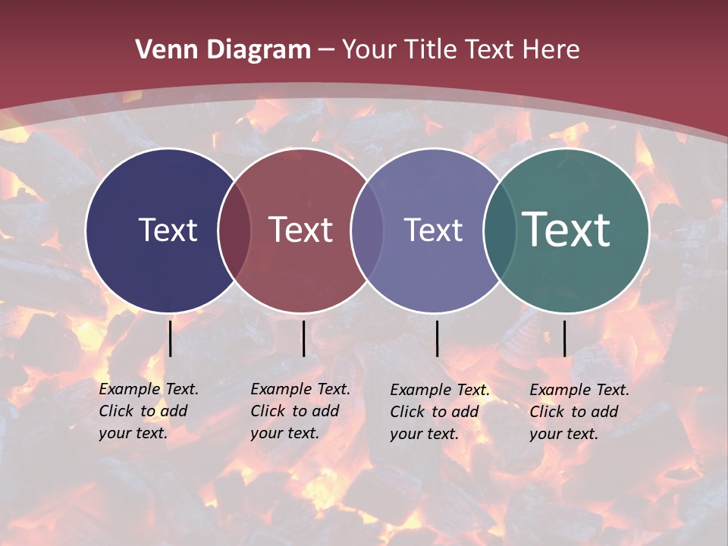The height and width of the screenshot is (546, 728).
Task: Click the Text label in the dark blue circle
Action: (168, 230)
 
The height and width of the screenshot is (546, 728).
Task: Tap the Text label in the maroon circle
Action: (301, 230)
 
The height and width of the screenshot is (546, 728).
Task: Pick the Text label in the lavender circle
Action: (433, 230)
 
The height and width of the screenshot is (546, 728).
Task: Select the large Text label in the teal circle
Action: (566, 230)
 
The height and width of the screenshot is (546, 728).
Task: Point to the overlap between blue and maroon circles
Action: (234, 230)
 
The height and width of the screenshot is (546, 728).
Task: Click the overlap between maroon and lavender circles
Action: (367, 230)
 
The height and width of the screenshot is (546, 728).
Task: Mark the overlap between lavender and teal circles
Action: (498, 230)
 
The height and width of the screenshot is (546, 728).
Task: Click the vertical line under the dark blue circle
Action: (171, 338)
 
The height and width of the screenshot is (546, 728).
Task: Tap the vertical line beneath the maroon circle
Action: (303, 338)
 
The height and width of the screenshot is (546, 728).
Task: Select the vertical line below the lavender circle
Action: (438, 338)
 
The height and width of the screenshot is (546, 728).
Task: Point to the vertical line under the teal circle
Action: (564, 338)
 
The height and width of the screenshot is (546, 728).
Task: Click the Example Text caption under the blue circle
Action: (148, 411)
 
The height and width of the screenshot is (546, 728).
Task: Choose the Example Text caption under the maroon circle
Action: (300, 411)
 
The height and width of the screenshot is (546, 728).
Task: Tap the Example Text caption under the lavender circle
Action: (439, 412)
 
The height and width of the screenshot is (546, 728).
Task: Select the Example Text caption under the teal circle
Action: (579, 412)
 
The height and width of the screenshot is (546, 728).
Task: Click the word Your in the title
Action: (370, 50)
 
